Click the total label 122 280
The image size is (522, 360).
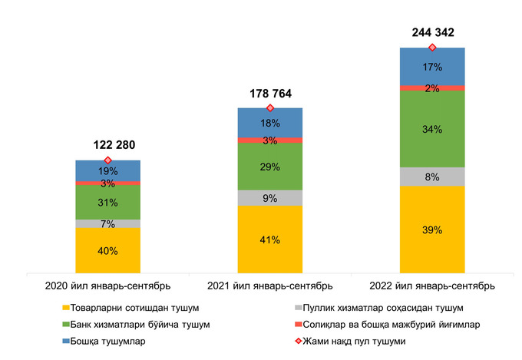coord(107,144)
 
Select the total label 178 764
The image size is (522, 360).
coord(269,94)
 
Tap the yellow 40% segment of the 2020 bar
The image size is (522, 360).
coord(107,251)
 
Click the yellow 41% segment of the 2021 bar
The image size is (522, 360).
coord(269,239)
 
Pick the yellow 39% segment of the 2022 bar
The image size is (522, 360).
coord(432,230)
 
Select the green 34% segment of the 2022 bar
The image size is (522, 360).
coord(432,129)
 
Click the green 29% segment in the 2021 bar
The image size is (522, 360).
coord(269,167)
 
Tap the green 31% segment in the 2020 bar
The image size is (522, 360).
coord(107,203)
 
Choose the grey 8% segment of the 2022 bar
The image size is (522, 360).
coord(432,177)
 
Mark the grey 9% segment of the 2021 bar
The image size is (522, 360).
coord(269,198)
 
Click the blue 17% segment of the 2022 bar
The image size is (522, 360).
coord(432,67)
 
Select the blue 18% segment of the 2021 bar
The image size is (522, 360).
coord(269,123)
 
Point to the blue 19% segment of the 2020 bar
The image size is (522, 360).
coord(107,170)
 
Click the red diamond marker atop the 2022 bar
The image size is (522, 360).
coord(432,48)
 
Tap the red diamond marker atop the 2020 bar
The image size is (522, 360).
coord(107,160)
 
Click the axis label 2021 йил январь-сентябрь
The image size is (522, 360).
coord(269,286)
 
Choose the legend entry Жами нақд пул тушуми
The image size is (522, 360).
coord(361,342)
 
